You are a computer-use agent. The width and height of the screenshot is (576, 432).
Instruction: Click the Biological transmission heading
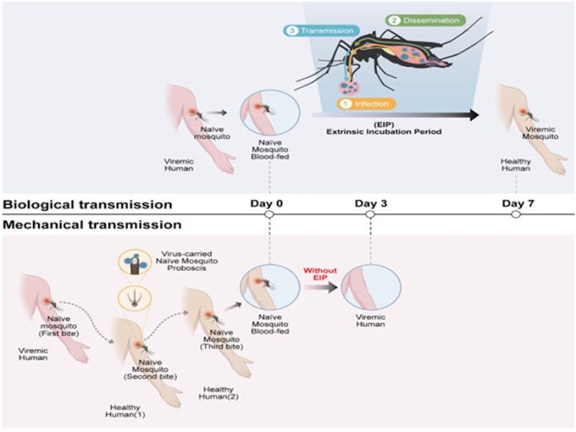(x=87, y=204)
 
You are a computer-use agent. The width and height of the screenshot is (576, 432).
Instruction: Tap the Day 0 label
(x=267, y=202)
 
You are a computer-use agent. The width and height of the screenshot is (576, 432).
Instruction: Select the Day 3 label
(x=372, y=202)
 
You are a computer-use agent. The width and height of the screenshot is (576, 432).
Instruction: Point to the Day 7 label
(x=516, y=202)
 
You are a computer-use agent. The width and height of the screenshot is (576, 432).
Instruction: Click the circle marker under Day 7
(x=516, y=214)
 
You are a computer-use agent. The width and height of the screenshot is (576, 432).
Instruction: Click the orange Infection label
(x=367, y=105)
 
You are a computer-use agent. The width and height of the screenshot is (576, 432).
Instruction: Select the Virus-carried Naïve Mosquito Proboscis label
(x=186, y=262)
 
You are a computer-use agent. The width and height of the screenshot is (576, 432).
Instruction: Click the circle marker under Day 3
(x=372, y=214)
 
